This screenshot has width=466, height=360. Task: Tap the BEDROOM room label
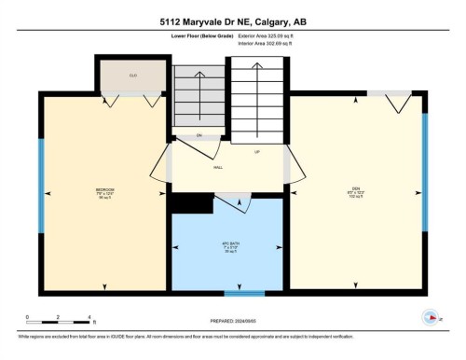[104, 191]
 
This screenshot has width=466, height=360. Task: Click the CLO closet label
[133, 75]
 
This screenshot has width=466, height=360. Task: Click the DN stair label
[200, 136]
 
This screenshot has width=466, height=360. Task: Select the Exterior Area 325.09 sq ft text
[273, 35]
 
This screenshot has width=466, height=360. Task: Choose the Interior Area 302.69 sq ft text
[273, 43]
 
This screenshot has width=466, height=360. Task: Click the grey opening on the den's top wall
[388, 92]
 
